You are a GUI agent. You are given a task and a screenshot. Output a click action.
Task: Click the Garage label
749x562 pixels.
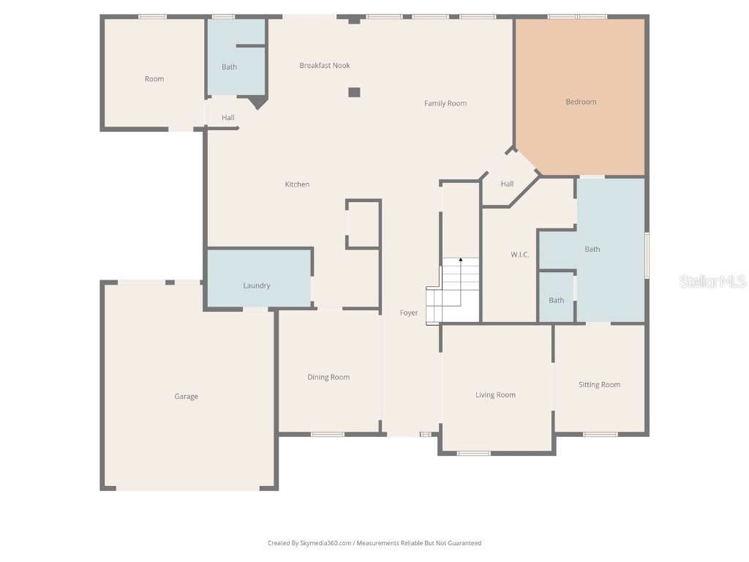(186, 397)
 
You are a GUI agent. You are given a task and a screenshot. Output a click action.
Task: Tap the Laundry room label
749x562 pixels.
(257, 285)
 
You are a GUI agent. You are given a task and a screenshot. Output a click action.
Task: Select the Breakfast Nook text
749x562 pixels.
(325, 66)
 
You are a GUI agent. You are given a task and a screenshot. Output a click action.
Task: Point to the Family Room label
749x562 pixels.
(445, 104)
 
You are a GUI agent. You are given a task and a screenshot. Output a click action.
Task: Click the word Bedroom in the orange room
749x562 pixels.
(581, 102)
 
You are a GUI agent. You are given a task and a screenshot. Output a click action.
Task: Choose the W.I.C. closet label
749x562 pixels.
(519, 255)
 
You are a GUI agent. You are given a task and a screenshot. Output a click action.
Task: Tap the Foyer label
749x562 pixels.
(409, 313)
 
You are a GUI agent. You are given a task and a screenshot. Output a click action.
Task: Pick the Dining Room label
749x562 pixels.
(328, 378)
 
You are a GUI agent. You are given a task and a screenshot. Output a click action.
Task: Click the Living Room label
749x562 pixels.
(495, 395)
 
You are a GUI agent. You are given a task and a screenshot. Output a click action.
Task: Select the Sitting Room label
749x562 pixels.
(599, 385)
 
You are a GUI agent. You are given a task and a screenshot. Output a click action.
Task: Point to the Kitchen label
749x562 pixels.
(297, 184)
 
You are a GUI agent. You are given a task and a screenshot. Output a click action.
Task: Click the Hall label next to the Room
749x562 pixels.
(228, 118)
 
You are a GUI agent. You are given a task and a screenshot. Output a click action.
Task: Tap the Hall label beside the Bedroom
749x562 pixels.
(507, 184)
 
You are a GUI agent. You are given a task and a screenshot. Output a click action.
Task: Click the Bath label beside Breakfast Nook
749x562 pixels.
(230, 67)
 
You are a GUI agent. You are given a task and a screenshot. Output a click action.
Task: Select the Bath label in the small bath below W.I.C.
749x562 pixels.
(557, 300)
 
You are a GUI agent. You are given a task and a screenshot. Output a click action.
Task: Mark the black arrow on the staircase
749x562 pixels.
(460, 260)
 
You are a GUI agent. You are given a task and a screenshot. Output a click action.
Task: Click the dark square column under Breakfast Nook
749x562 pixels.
(354, 92)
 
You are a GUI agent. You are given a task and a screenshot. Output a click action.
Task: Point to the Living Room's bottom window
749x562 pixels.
(474, 453)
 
